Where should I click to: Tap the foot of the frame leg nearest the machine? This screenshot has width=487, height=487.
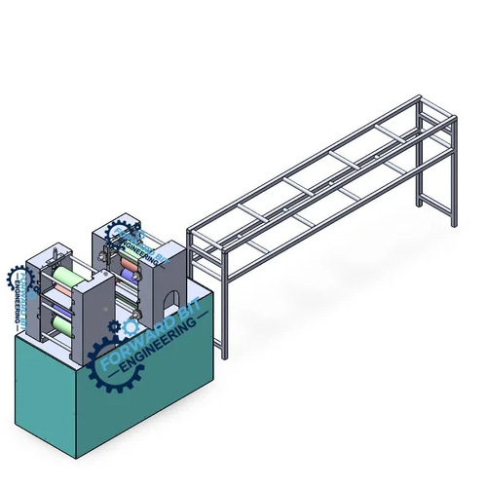(227, 356)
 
